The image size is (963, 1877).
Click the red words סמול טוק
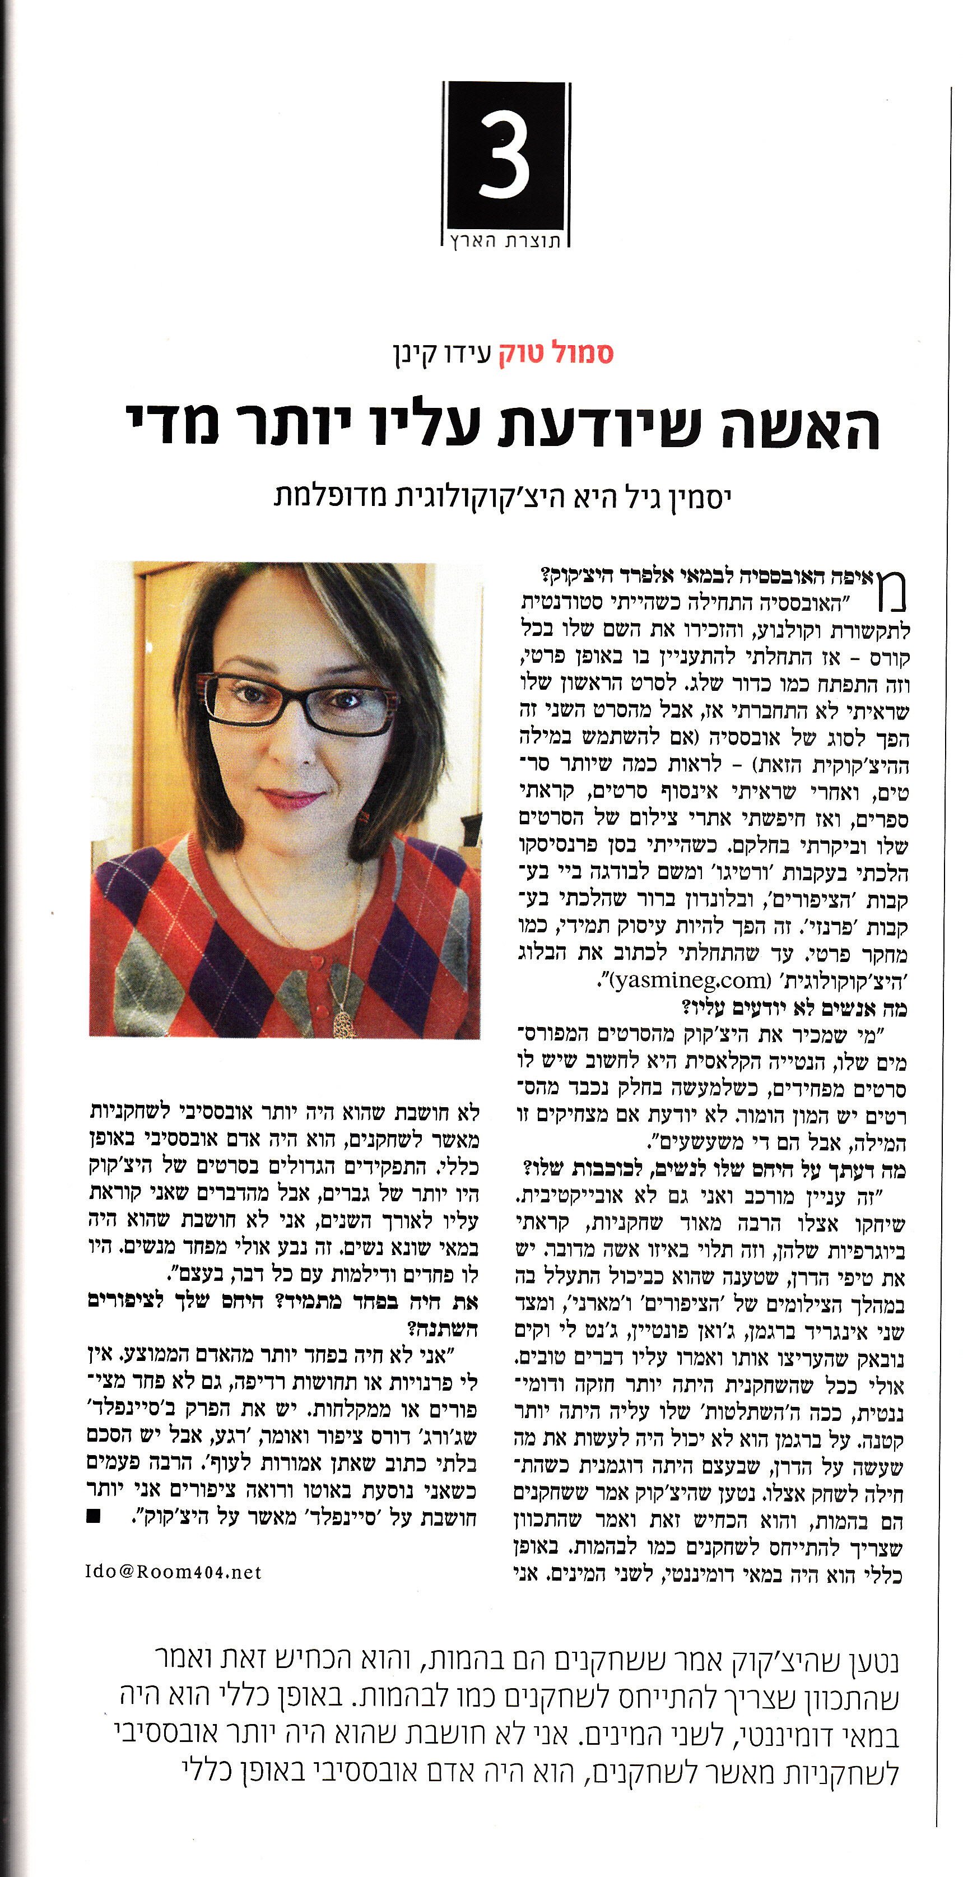[x=556, y=354]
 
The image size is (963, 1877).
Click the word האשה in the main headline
[x=801, y=428]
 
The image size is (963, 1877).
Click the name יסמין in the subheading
[x=701, y=498]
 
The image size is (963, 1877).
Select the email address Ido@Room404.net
[x=173, y=1572]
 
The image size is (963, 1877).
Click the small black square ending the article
[x=92, y=1516]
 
